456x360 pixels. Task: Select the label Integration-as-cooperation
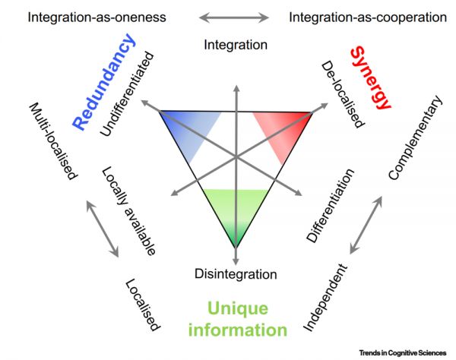(367, 17)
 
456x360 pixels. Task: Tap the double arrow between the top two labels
(236, 17)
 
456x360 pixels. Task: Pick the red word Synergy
(372, 76)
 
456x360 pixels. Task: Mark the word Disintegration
(236, 273)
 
